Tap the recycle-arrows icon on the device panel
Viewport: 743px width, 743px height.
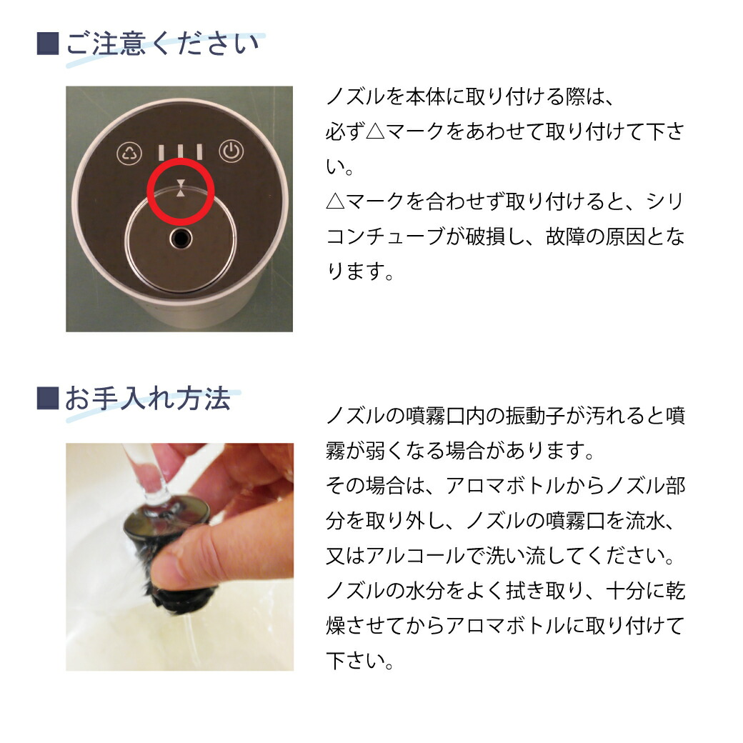(129, 152)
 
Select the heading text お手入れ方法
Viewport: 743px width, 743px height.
(148, 399)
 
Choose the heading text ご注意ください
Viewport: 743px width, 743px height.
(163, 44)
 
